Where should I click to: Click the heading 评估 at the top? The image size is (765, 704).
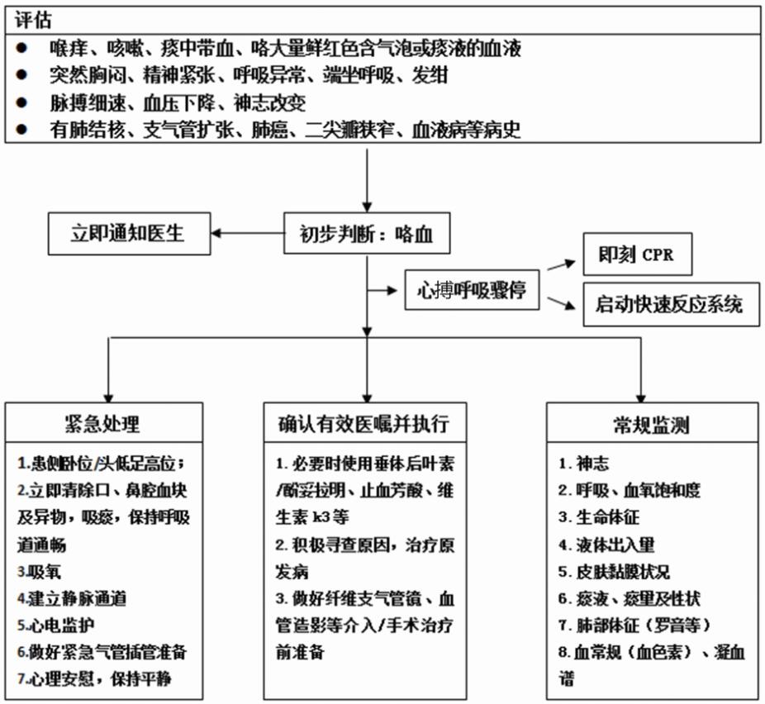34,18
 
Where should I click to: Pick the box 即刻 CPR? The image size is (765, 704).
636,254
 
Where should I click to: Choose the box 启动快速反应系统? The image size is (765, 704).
669,304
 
